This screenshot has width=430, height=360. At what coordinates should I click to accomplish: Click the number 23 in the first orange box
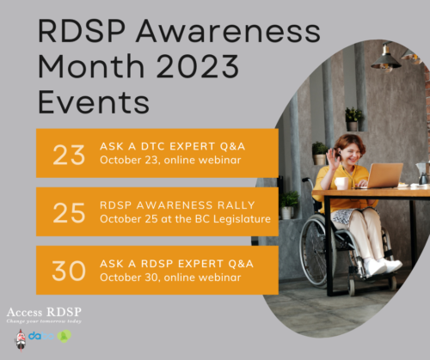pyautogui.click(x=70, y=154)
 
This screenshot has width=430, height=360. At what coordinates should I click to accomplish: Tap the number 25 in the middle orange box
pyautogui.click(x=70, y=211)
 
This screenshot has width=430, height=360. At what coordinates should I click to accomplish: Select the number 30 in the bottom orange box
pyautogui.click(x=70, y=270)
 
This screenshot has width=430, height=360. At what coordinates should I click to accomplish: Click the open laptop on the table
pyautogui.click(x=384, y=176)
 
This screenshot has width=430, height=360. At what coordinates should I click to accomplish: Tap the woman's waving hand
pyautogui.click(x=320, y=158)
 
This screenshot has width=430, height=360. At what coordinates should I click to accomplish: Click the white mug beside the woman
pyautogui.click(x=341, y=182)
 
